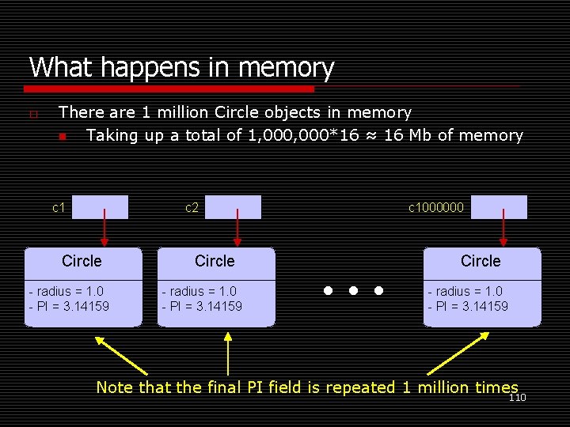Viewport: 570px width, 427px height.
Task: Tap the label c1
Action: click(59, 208)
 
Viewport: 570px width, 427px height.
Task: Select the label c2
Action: click(192, 208)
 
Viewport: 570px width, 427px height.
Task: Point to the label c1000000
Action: click(436, 208)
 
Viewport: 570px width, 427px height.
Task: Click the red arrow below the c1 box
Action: click(103, 230)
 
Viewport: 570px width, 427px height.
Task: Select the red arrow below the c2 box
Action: click(236, 230)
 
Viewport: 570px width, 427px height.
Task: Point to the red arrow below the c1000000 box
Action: click(502, 230)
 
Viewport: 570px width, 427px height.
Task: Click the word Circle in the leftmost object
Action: click(82, 261)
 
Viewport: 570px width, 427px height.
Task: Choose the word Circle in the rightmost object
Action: click(481, 261)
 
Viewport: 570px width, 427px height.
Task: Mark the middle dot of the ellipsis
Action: click(352, 291)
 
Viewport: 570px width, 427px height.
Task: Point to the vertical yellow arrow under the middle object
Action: click(228, 353)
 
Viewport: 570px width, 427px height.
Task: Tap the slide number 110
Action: click(517, 398)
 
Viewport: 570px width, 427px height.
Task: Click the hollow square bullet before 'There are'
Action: click(32, 115)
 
